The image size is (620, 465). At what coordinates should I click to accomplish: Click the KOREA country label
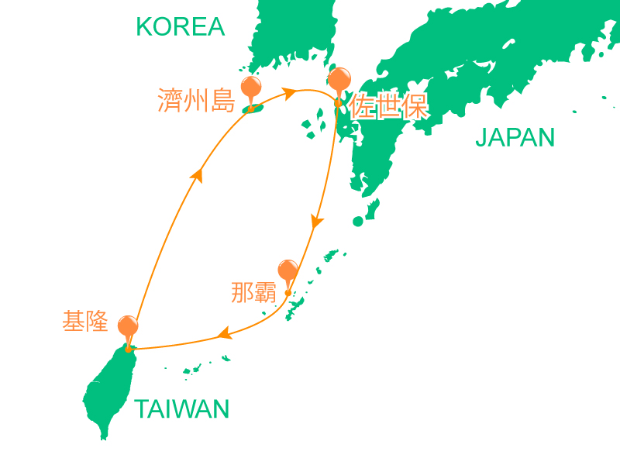pos(180,27)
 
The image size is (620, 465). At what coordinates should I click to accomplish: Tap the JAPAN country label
pos(515,138)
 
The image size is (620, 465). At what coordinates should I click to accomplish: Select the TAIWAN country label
pos(182,409)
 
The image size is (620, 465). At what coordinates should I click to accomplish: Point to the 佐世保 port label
pos(389,107)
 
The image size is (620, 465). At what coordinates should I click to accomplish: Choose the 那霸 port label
pos(254,292)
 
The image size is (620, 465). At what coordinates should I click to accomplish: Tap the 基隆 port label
pos(85,322)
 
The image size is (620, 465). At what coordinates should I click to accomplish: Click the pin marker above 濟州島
pos(251,88)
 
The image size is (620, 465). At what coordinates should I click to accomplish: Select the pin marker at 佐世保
pos(339,80)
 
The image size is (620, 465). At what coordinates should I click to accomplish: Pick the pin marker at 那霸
pos(288,271)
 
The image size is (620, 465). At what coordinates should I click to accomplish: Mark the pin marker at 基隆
pos(128,327)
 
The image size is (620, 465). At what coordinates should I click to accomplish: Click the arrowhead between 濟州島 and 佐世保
pos(290,93)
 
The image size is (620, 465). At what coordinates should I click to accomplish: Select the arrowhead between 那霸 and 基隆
pos(224,334)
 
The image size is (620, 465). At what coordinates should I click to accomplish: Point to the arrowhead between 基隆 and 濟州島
pos(198,177)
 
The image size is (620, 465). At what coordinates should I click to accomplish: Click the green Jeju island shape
pos(252,108)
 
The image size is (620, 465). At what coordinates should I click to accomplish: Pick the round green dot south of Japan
pos(358,222)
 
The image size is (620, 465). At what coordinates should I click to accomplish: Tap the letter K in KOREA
pos(144,27)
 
